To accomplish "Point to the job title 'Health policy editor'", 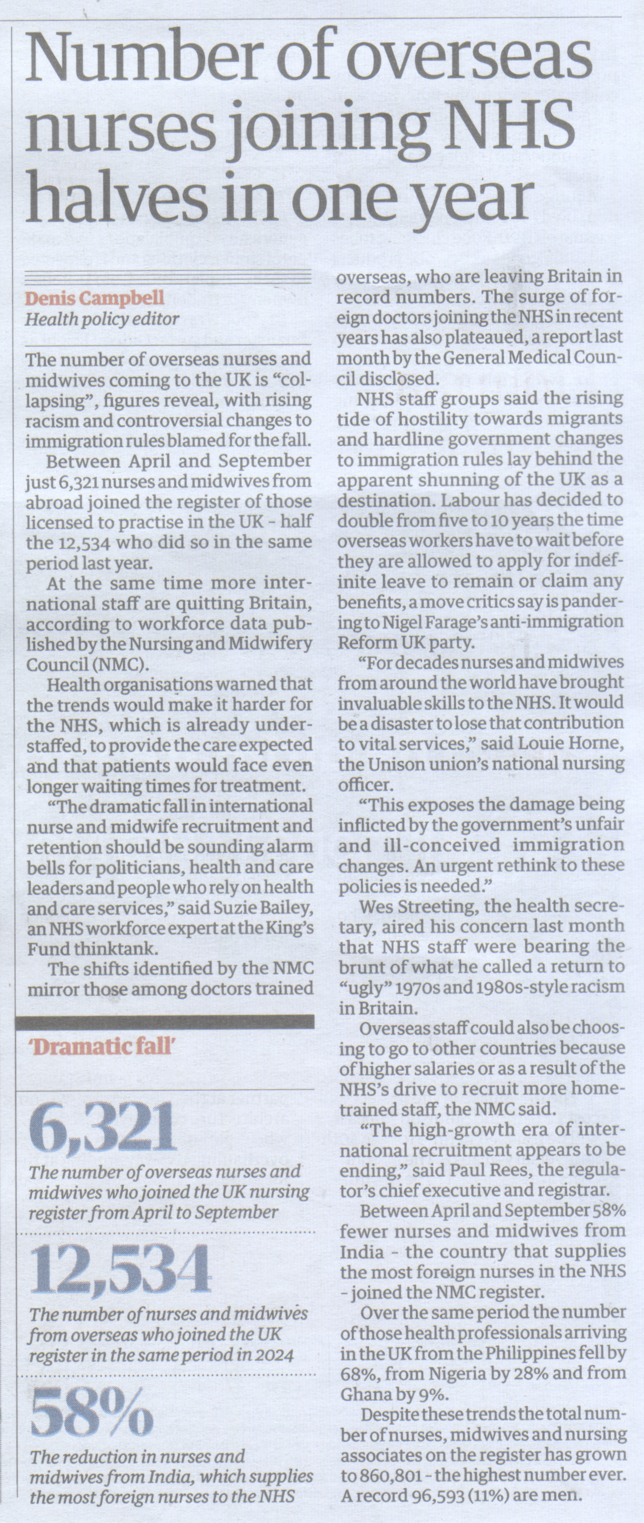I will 101,319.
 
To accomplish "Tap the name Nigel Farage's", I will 427,622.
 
